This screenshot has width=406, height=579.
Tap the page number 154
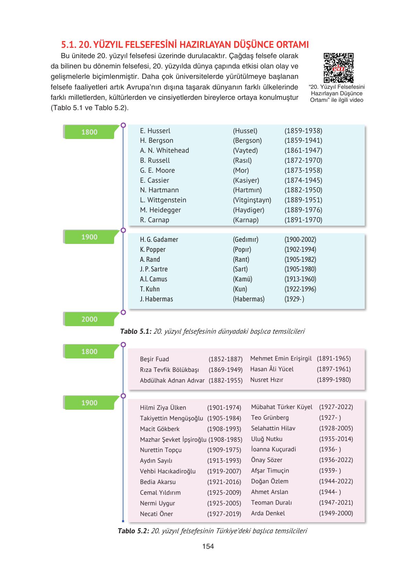click(x=208, y=546)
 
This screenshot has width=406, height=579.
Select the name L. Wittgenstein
click(x=163, y=200)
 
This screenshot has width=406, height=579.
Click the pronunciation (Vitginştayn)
click(x=252, y=200)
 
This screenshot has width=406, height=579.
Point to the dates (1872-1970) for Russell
click(x=303, y=160)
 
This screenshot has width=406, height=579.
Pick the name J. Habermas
click(x=156, y=299)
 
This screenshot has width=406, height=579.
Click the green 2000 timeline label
click(x=89, y=319)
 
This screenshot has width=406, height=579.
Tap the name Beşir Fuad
click(x=154, y=359)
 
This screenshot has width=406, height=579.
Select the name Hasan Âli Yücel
click(x=272, y=369)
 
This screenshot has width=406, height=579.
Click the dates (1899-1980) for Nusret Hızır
click(x=334, y=380)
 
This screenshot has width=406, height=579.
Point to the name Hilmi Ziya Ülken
click(x=163, y=408)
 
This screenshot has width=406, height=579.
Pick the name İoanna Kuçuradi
click(x=273, y=449)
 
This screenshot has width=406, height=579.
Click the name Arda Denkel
click(x=268, y=513)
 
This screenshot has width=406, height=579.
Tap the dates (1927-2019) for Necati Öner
click(x=224, y=514)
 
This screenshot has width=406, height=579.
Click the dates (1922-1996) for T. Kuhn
click(x=300, y=289)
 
